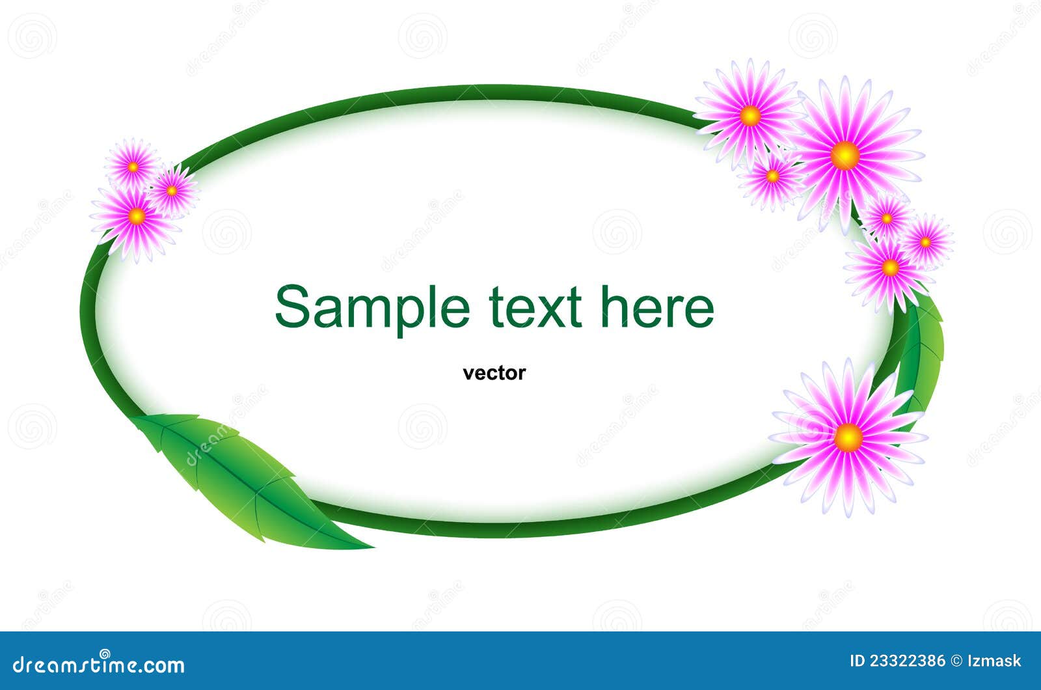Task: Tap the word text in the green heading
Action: point(535,307)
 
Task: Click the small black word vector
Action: point(494,373)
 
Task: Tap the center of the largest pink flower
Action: point(845,155)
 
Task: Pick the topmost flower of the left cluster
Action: point(133,167)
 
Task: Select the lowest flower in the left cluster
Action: point(136,215)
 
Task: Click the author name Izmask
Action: point(994,661)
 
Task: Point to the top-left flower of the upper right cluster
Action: point(750,116)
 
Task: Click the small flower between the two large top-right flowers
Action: point(773,176)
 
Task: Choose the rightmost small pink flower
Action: point(926,241)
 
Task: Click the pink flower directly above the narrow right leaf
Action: point(889,268)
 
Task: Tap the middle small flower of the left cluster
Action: point(172,191)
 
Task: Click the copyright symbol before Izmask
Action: point(956,661)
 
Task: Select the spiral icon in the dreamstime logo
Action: point(104,654)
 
